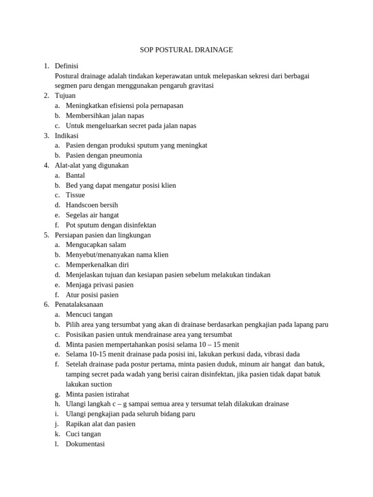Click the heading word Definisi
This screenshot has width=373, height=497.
(67, 66)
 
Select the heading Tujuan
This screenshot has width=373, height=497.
(65, 96)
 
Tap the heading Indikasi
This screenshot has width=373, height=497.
(67, 135)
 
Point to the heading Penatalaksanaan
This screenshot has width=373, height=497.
(79, 304)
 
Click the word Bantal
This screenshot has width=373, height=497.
(75, 175)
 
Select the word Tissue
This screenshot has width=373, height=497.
(75, 195)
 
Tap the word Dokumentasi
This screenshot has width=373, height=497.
(85, 444)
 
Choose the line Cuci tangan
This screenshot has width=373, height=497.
(83, 434)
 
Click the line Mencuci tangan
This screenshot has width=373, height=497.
(89, 315)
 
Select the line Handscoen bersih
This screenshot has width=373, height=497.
(92, 205)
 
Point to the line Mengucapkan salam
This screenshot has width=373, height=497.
(96, 245)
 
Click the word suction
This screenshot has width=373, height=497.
(102, 384)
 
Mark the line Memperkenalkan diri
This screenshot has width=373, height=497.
(97, 265)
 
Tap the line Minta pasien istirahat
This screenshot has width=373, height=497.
(97, 394)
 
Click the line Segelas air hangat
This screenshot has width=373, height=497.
(92, 215)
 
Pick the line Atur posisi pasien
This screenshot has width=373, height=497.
(92, 295)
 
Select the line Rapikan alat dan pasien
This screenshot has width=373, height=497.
(101, 424)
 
